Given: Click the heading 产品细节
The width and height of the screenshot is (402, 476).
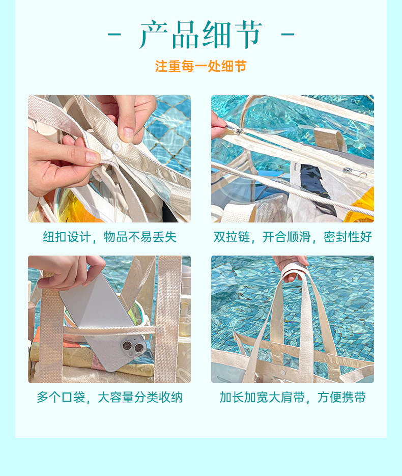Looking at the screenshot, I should (201, 35).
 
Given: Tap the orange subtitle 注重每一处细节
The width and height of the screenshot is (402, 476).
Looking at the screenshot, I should (201, 66).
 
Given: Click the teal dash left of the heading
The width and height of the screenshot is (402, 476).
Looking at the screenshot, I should (114, 35).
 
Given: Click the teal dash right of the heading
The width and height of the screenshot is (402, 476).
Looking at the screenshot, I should (288, 35).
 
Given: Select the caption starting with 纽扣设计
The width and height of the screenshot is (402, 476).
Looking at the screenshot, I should (109, 237).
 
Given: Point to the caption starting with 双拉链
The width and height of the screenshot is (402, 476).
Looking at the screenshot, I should (293, 237).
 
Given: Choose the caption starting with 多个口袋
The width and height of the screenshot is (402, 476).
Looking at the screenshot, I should (109, 398).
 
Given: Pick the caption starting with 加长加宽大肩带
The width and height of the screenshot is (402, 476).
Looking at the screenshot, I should (293, 398).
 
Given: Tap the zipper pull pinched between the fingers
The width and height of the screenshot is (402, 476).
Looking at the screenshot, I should (235, 131).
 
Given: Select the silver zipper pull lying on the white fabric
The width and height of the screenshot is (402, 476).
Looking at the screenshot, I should (355, 172).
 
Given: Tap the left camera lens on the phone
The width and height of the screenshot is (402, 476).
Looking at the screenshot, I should (126, 347).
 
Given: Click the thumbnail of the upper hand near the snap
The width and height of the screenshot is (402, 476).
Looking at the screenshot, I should (128, 133).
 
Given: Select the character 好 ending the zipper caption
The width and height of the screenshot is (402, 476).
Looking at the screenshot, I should (366, 237).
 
